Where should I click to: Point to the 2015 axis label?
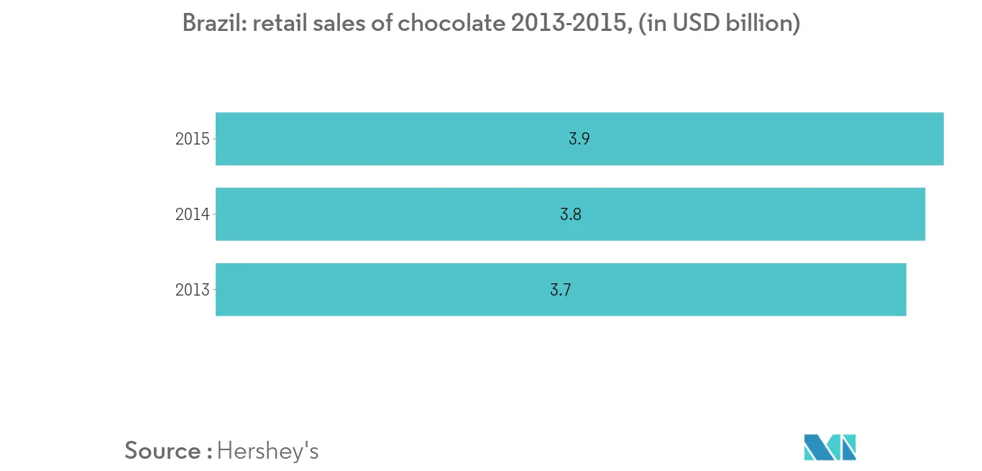tap(192, 139)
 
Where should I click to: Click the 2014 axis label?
tap(192, 214)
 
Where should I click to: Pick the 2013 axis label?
tap(192, 290)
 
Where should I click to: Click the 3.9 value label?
tap(579, 140)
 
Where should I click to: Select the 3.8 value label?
tap(570, 214)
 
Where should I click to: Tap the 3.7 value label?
tap(561, 290)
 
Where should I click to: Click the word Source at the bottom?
tap(162, 451)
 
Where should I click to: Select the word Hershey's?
tap(267, 451)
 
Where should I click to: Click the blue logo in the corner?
tap(830, 447)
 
